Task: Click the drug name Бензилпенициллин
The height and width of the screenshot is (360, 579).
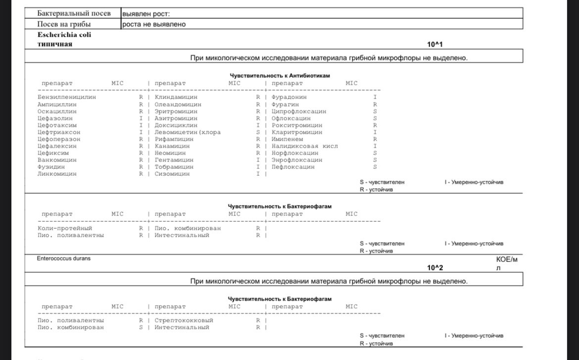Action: (67, 98)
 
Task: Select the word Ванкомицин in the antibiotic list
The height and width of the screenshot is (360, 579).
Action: (57, 160)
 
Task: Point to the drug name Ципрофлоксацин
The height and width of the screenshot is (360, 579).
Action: (299, 111)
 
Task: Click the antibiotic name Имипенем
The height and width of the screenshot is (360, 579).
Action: (287, 139)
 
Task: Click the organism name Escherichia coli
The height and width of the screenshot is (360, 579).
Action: (64, 35)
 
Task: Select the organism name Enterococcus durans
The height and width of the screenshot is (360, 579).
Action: (64, 258)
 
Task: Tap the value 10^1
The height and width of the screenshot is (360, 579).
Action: (435, 45)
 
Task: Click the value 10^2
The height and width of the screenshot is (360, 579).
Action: (435, 268)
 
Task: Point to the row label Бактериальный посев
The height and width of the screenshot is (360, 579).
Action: (74, 13)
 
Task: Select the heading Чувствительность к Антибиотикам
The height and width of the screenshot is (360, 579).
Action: (280, 76)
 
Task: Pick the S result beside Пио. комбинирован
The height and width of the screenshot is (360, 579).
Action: (141, 327)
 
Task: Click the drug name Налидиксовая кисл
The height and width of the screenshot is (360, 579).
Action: (304, 146)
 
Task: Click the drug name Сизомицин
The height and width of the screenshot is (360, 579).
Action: (172, 174)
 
